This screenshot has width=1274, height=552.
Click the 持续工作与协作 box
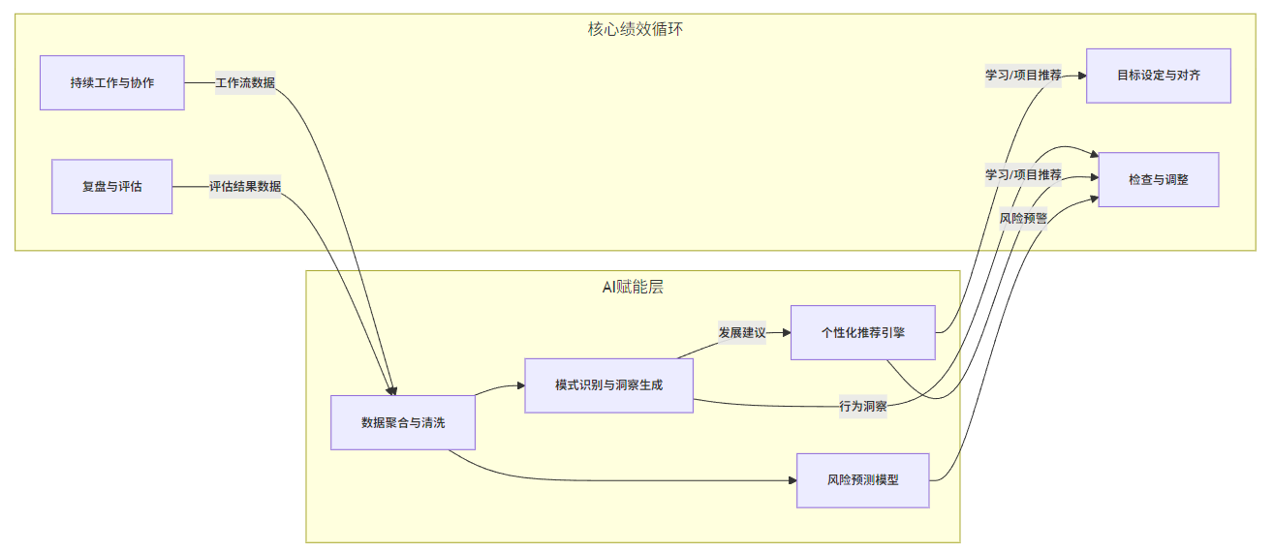point(111,82)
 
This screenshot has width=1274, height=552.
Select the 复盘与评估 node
point(111,186)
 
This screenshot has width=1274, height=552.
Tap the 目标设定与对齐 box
point(1158,76)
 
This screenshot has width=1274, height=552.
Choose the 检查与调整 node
point(1158,179)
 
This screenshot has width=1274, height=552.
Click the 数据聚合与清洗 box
point(402,422)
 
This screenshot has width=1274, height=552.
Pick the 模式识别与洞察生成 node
point(608,385)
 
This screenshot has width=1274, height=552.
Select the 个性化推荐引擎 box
point(862,332)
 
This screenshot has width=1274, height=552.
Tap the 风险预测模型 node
point(862,479)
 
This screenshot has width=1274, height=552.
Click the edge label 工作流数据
point(245,82)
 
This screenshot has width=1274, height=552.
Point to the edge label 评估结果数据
point(245,186)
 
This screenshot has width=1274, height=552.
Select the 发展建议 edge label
point(742,332)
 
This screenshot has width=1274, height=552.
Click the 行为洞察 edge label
point(863,406)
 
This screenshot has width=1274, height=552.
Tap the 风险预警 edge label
point(1023,218)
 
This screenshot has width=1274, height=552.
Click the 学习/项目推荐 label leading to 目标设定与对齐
point(1023,76)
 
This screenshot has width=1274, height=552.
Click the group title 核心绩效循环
point(636,29)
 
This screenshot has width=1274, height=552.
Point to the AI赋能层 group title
point(633,287)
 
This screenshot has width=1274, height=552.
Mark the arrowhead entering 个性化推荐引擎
point(785,332)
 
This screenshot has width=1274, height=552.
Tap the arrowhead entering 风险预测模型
point(791,479)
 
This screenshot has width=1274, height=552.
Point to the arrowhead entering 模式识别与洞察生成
point(518,386)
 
